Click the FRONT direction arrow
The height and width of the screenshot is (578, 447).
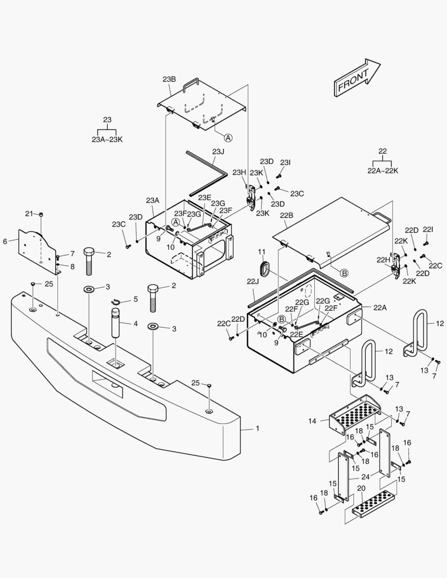[357, 78]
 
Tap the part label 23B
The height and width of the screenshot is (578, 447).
[169, 79]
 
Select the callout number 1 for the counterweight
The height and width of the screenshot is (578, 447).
[257, 428]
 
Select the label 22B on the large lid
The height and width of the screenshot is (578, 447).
[287, 216]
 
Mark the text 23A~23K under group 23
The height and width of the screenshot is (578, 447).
[107, 139]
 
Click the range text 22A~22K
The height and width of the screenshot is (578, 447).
[383, 170]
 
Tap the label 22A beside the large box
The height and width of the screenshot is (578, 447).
[380, 307]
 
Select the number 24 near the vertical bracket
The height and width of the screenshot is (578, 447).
[365, 477]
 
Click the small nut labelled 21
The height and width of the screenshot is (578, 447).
[41, 215]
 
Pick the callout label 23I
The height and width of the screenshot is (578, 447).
[285, 162]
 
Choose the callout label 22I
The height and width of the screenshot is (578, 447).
[428, 229]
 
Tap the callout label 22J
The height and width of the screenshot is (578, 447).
[252, 281]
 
